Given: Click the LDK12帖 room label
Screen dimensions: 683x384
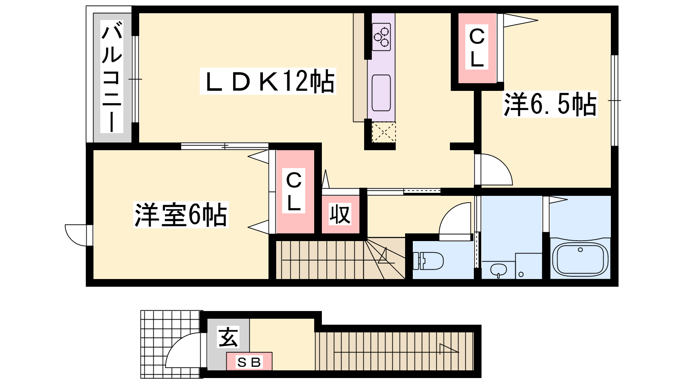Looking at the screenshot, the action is (x=268, y=81).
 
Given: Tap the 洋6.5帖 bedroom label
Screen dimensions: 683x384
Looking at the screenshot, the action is (x=550, y=104).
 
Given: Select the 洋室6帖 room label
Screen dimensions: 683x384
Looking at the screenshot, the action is (x=181, y=215).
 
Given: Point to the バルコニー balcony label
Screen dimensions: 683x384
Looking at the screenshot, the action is (x=111, y=77).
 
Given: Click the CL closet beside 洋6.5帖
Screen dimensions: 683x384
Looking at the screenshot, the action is (x=477, y=48).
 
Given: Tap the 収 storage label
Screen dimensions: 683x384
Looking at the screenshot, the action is (x=340, y=215).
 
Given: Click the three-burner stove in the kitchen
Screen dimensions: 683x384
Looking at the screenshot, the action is (x=382, y=37).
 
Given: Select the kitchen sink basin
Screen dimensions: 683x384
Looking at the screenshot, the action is (x=381, y=93).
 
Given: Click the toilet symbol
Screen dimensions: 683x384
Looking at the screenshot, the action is (x=428, y=261).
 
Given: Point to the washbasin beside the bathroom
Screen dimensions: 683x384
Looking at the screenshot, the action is (x=499, y=270).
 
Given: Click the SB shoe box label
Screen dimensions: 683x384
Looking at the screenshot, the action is (x=249, y=362).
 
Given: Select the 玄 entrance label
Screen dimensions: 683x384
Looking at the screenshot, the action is (x=228, y=337).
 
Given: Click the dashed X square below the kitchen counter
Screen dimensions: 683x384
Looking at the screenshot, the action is (x=384, y=132).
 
